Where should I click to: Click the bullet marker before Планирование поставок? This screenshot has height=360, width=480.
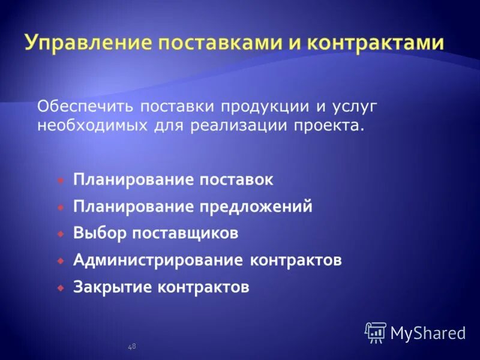pos(61,179)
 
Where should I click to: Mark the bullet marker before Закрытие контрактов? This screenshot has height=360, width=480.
pos(61,287)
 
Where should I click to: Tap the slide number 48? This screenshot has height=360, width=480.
pos(132,346)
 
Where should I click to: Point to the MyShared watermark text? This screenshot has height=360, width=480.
pos(428,332)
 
